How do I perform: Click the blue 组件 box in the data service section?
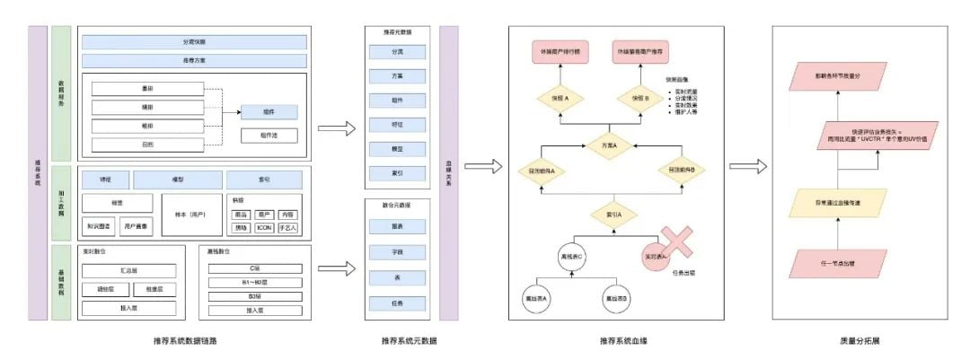click(x=269, y=112)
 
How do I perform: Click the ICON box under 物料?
click(x=264, y=227)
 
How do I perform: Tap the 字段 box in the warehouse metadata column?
click(x=396, y=254)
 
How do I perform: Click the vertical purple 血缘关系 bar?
click(x=448, y=172)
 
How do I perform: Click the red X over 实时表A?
click(x=670, y=248)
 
